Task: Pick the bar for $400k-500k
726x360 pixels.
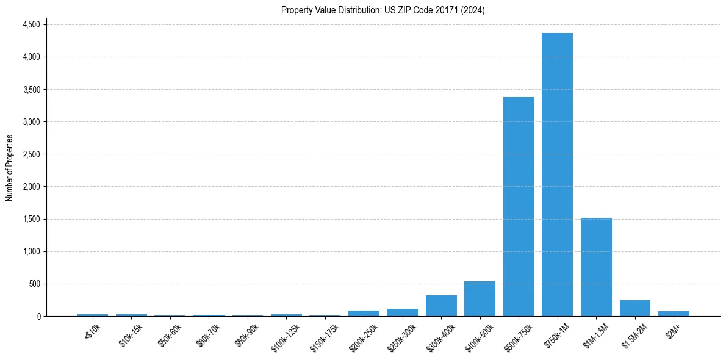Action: pyautogui.click(x=480, y=298)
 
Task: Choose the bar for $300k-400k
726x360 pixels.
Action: pyautogui.click(x=441, y=306)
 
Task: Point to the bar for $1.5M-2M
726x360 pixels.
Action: pyautogui.click(x=634, y=308)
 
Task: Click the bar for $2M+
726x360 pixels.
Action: pyautogui.click(x=674, y=314)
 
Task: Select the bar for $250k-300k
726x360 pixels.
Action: pyautogui.click(x=402, y=312)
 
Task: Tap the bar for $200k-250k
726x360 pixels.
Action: pyautogui.click(x=364, y=313)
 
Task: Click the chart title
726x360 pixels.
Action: pyautogui.click(x=383, y=10)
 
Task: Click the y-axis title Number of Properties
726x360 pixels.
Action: pyautogui.click(x=10, y=168)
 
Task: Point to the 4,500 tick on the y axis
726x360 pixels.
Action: pyautogui.click(x=31, y=24)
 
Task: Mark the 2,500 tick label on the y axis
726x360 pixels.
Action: pyautogui.click(x=31, y=154)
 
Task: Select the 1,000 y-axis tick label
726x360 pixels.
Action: pyautogui.click(x=31, y=251)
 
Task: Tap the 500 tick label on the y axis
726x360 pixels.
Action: pyautogui.click(x=34, y=284)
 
